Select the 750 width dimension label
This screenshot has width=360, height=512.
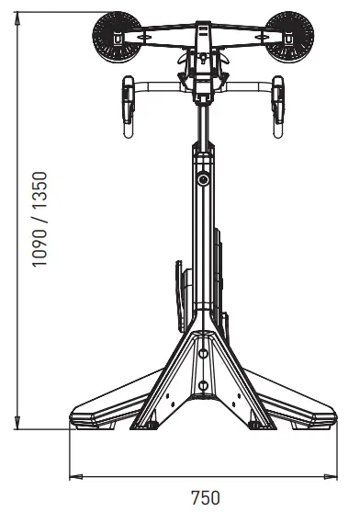pyautogui.click(x=205, y=498)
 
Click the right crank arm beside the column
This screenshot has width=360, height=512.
pyautogui.click(x=220, y=267)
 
